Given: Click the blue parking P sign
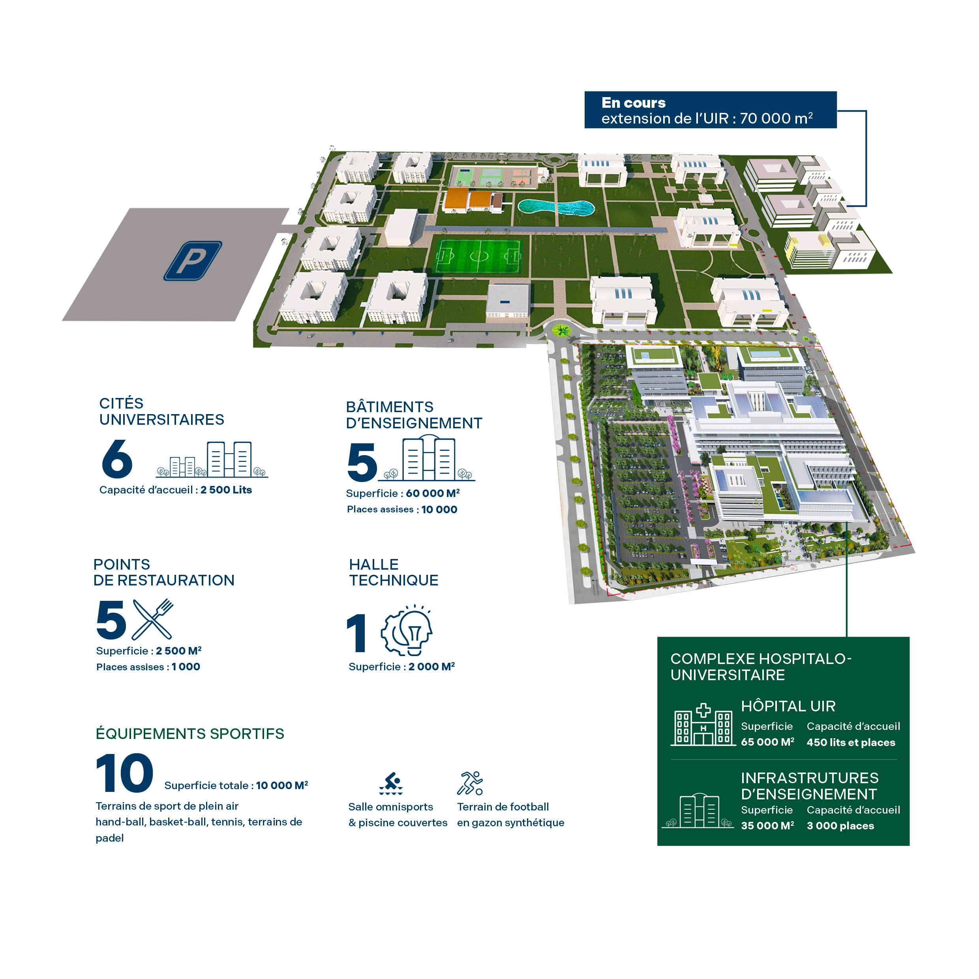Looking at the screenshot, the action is (x=193, y=261).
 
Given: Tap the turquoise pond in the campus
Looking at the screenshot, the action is (x=556, y=207).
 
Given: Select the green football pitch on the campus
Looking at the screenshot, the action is (x=478, y=256).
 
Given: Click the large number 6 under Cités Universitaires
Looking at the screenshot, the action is (x=117, y=459).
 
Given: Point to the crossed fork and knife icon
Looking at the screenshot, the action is (x=152, y=619).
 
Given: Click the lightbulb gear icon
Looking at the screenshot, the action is (x=407, y=630).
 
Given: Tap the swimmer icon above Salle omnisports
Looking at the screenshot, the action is (x=391, y=783).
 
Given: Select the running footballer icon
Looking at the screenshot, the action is (x=470, y=783).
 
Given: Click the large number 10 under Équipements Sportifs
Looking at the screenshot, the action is (x=125, y=773).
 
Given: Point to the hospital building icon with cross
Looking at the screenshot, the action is (x=703, y=725).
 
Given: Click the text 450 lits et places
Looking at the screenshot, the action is (x=851, y=743).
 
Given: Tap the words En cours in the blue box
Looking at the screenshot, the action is (x=634, y=103).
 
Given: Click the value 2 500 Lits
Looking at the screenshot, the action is (x=226, y=490).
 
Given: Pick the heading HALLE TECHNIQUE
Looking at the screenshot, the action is (x=394, y=572).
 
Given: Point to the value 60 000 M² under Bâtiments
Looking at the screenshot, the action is (x=433, y=493).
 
